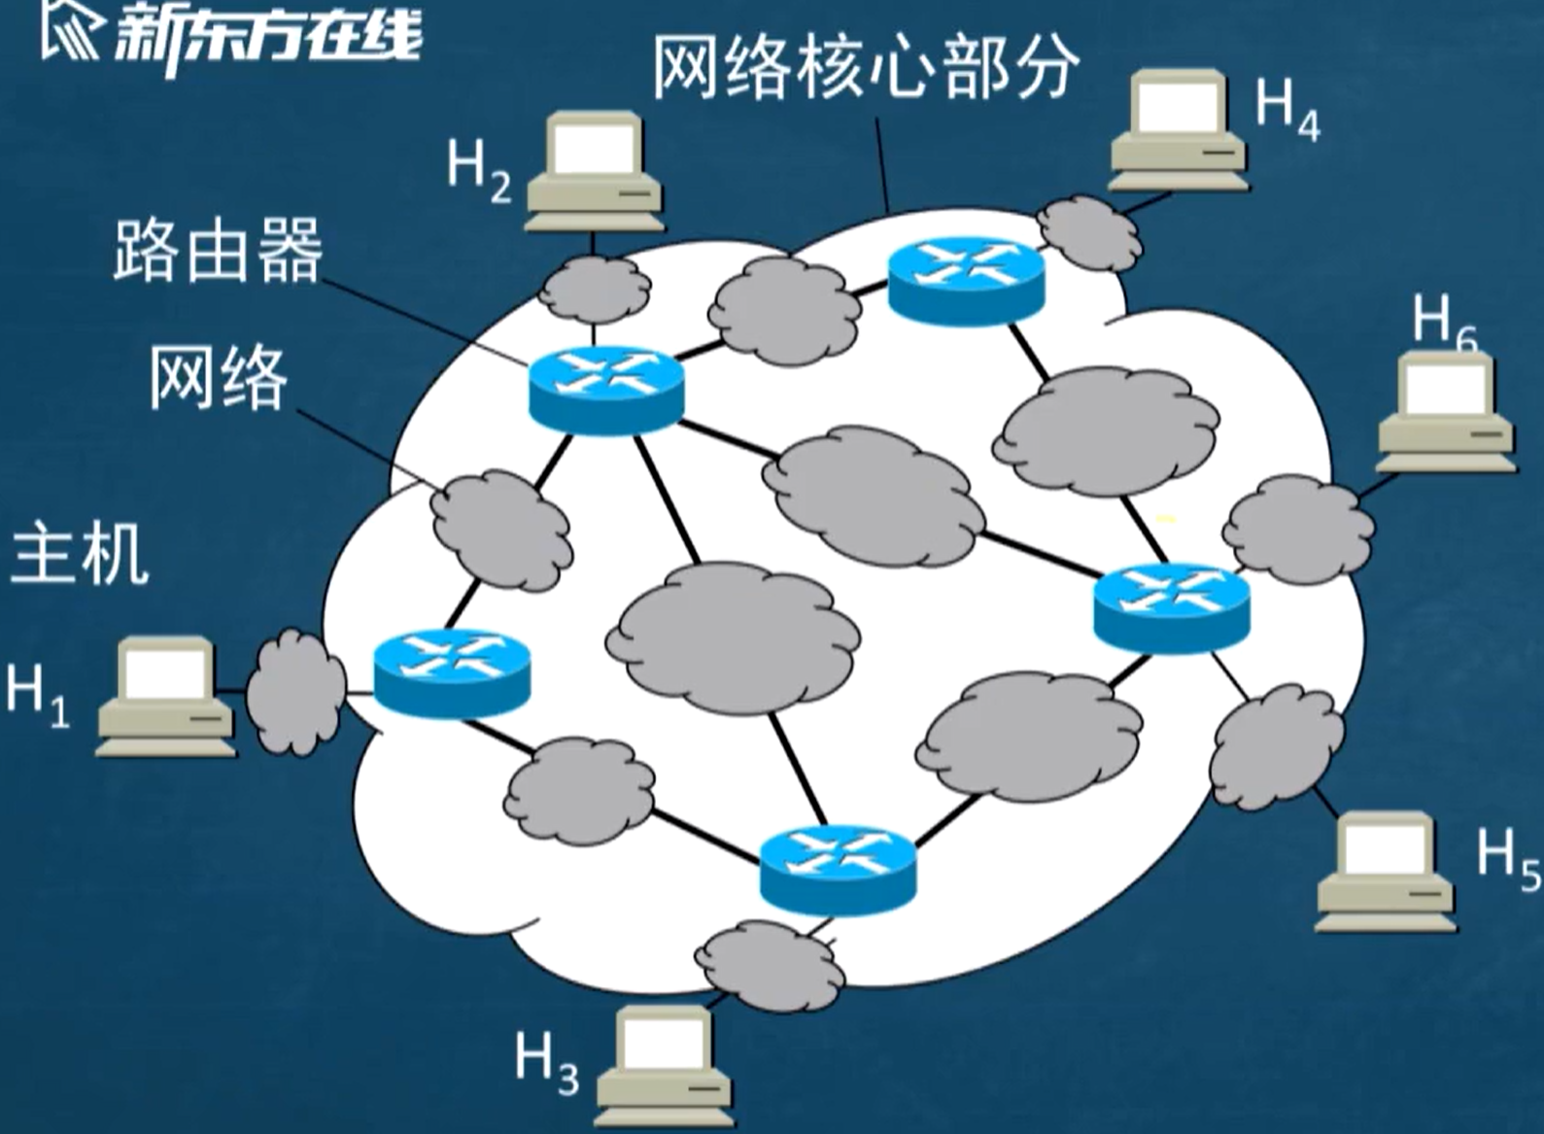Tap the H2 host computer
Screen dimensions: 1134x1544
pos(595,171)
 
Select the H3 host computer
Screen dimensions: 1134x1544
pos(664,1065)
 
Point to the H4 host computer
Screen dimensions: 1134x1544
pos(1179,128)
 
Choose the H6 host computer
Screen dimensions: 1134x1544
pos(1446,412)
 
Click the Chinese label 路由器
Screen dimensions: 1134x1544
pos(217,250)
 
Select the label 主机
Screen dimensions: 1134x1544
pos(80,553)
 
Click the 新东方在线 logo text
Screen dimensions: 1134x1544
pos(267,39)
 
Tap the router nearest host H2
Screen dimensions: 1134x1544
pos(606,388)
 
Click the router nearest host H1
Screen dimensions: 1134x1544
pos(452,672)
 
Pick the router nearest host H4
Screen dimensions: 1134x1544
pos(966,280)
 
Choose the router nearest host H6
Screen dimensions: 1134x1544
pos(1171,606)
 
